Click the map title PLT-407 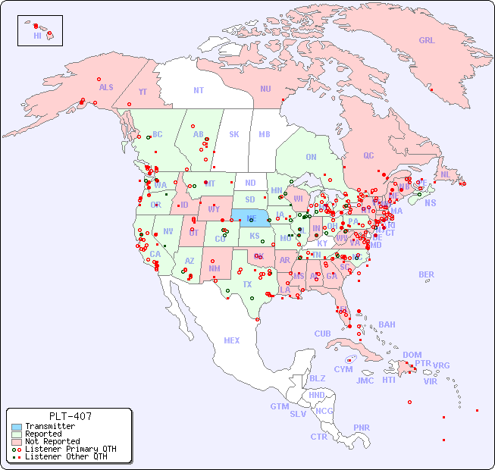coord(70,416)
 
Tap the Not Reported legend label coord(52,441)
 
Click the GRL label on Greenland coord(427,41)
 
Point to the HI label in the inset coord(37,36)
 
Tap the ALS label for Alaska coord(106,87)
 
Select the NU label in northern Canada coord(265,89)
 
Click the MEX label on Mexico coord(231,340)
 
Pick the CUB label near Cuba coord(322,334)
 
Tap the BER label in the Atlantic coord(427,274)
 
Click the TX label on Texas coord(247,284)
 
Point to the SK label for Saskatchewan coord(234,134)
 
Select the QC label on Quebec coord(368,155)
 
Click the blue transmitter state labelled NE coord(251,218)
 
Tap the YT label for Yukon coord(143,92)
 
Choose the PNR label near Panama coord(362,428)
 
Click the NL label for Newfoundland coord(446,174)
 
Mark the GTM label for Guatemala coord(279,406)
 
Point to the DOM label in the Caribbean coord(412,355)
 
